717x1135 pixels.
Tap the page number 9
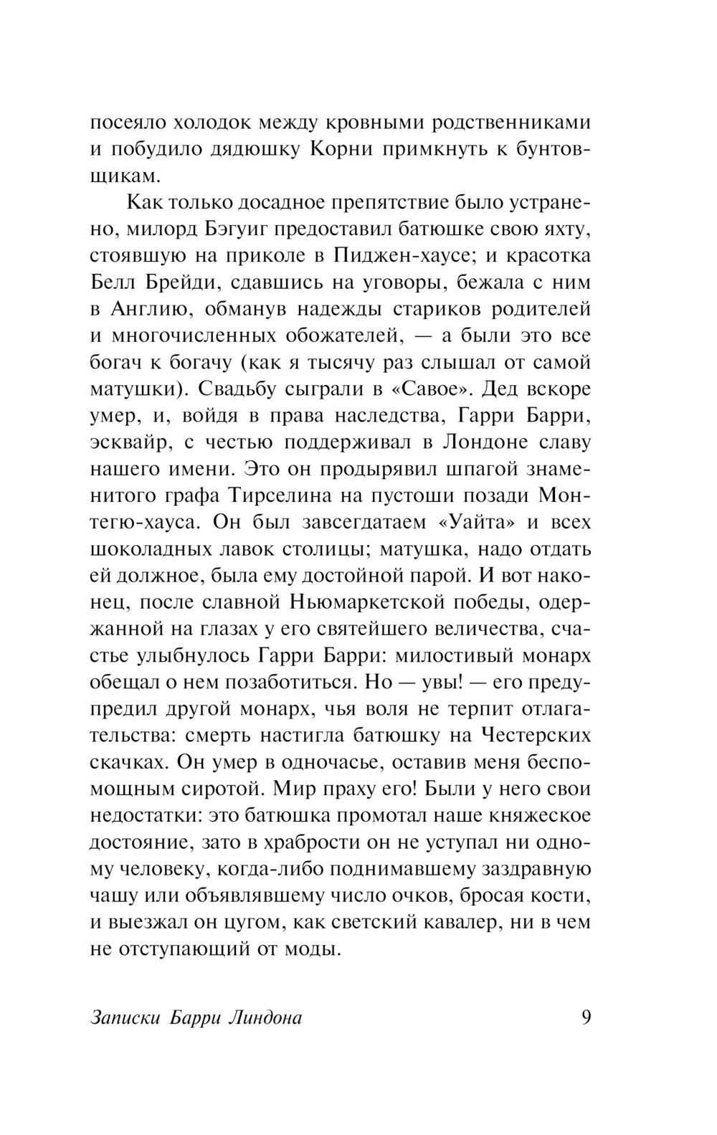[x=586, y=1017]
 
